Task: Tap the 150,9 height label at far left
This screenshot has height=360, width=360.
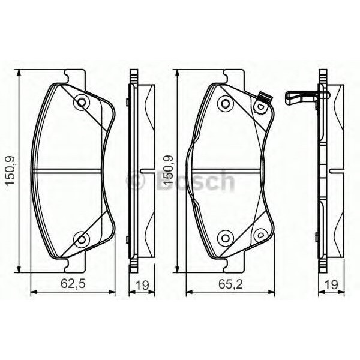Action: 11,172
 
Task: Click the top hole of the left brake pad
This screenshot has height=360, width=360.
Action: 80,103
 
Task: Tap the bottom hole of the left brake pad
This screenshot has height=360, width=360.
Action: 80,240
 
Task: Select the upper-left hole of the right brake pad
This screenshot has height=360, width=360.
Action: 225,103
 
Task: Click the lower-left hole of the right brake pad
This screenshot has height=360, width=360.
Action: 225,236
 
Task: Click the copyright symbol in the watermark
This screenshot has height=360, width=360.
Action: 135,179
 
